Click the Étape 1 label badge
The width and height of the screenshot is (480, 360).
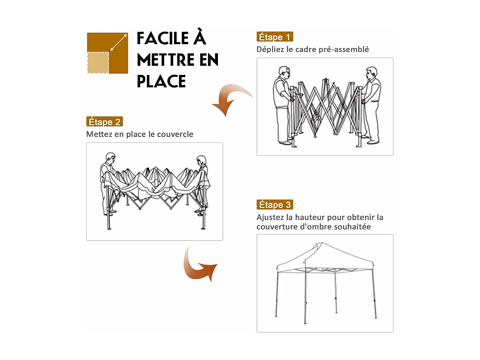click(x=275, y=37)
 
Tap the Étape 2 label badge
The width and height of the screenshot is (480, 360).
click(x=104, y=122)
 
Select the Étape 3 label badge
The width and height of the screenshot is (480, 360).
click(x=275, y=204)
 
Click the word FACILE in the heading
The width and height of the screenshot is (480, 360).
click(x=163, y=38)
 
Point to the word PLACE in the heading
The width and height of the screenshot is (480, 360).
click(x=161, y=81)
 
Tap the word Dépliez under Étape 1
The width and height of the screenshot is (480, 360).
click(x=270, y=49)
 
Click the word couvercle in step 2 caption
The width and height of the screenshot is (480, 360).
click(x=175, y=134)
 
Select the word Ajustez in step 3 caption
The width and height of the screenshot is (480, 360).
click(x=270, y=218)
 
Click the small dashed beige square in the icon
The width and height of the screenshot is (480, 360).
click(x=98, y=63)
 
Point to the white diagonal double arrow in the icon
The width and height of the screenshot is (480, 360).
click(x=118, y=43)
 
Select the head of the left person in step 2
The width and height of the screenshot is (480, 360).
click(x=110, y=158)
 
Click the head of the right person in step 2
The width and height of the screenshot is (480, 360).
click(x=201, y=160)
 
